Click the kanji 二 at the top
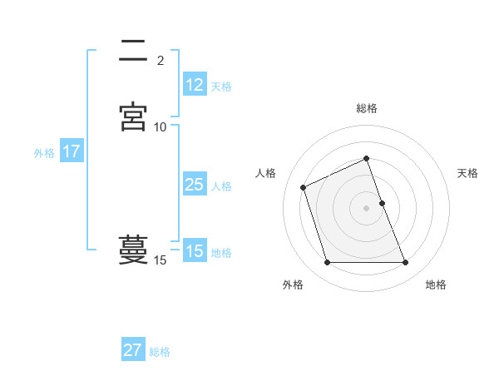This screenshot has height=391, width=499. (133, 52)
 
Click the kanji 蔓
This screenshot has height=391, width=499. (133, 250)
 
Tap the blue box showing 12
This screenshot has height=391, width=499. (194, 85)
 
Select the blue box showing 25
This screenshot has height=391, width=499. (194, 186)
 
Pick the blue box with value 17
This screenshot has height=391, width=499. (71, 152)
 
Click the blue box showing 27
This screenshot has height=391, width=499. (133, 350)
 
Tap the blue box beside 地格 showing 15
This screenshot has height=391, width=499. (194, 251)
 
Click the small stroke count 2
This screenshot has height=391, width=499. (161, 60)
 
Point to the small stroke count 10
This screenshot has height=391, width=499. (160, 126)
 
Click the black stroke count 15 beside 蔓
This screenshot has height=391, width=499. (160, 260)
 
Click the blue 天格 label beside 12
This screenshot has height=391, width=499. (221, 86)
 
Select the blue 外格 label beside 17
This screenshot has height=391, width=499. (44, 153)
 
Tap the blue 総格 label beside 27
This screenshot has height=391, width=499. (160, 351)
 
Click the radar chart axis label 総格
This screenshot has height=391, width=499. (367, 108)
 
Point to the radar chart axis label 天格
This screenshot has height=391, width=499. (468, 173)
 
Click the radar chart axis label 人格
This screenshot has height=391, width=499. (265, 173)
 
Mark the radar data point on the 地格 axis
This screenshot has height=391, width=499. (406, 263)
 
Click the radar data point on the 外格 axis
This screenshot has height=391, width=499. (327, 263)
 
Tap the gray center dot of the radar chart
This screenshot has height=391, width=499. (367, 208)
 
